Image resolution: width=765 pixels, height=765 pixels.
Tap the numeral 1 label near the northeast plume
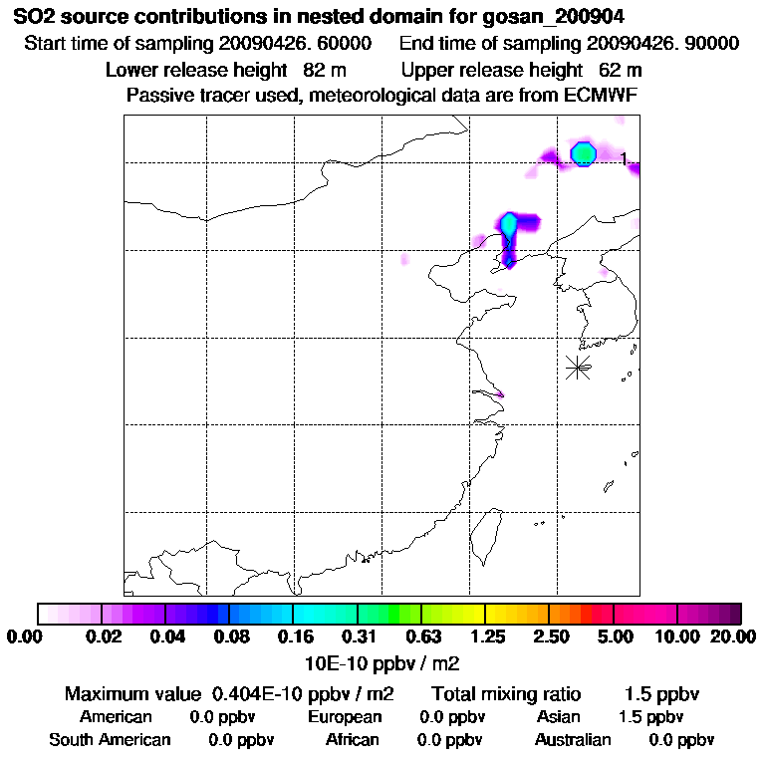coord(624,158)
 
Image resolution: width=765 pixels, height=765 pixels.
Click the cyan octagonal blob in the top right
coord(583,153)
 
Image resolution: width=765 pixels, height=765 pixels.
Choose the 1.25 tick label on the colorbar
coord(485,637)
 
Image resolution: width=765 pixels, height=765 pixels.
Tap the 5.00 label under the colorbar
coord(614,637)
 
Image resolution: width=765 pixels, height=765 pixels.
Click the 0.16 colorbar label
coord(293,637)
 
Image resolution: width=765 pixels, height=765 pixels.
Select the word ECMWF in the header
coord(601,95)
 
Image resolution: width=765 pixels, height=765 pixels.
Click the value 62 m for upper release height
coord(620,70)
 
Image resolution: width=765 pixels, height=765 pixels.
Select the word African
coord(353,740)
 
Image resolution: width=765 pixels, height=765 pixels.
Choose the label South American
coord(111,740)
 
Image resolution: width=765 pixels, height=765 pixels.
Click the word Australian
coord(573,740)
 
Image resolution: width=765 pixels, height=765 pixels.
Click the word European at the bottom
coord(345,717)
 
